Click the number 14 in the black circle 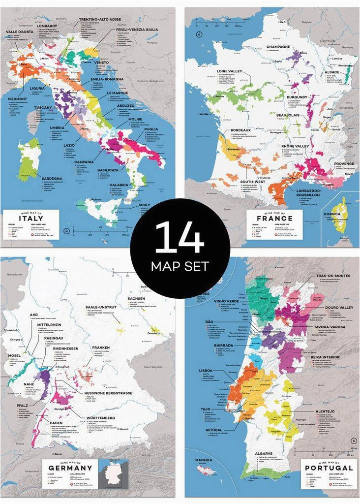tap(180, 238)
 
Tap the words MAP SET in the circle tap(180, 266)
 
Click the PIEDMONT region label tap(17, 98)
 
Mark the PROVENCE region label tap(344, 163)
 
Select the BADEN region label tap(55, 422)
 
